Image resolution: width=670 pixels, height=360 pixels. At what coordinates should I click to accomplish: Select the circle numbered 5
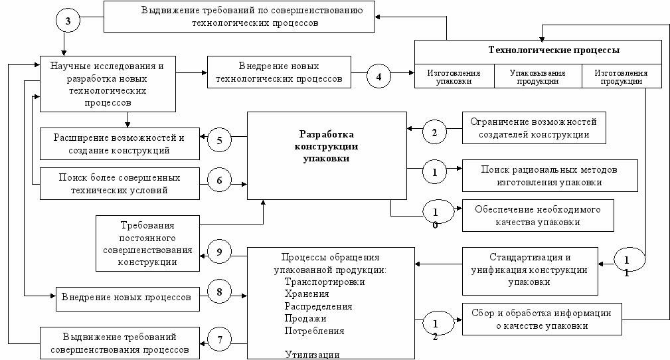pyautogui.click(x=218, y=140)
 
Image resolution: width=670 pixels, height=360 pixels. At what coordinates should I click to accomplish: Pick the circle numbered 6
pyautogui.click(x=218, y=179)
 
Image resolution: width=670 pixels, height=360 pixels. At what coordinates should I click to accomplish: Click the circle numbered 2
pyautogui.click(x=434, y=132)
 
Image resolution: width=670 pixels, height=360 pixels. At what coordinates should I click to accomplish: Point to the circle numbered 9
pyautogui.click(x=218, y=252)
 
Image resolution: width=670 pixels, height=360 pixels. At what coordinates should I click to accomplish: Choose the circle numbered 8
pyautogui.click(x=218, y=292)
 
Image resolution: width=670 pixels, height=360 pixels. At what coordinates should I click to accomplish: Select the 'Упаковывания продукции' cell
pyautogui.click(x=538, y=77)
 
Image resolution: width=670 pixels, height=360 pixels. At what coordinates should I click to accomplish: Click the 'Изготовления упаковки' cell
pyautogui.click(x=454, y=77)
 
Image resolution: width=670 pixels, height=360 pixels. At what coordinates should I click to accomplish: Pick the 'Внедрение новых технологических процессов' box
pyautogui.click(x=279, y=73)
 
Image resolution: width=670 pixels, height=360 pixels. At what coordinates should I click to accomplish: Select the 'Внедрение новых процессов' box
pyautogui.click(x=126, y=296)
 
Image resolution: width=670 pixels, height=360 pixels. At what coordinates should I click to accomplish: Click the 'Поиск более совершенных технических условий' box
pyautogui.click(x=120, y=184)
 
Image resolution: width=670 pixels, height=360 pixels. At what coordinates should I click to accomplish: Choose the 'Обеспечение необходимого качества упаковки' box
pyautogui.click(x=537, y=215)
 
